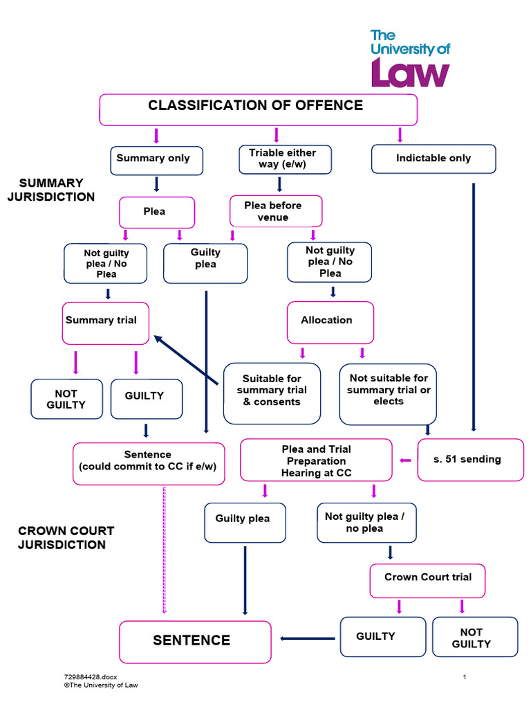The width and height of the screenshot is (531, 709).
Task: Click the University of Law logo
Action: (410, 59)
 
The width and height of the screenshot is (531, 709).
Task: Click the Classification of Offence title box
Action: (258, 109)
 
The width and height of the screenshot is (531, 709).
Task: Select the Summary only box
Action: (156, 160)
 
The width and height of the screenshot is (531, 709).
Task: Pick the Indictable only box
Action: (434, 159)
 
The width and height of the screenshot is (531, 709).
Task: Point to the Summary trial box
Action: (105, 323)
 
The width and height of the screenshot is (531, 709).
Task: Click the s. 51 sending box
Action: (470, 459)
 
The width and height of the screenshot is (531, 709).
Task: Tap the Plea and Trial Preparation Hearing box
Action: (317, 461)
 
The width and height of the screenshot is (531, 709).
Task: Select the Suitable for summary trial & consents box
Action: (272, 393)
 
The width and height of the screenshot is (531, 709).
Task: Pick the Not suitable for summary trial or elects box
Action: (388, 393)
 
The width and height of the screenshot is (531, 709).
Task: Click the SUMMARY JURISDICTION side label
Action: (51, 190)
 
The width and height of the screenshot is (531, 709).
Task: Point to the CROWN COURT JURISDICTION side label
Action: (66, 538)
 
